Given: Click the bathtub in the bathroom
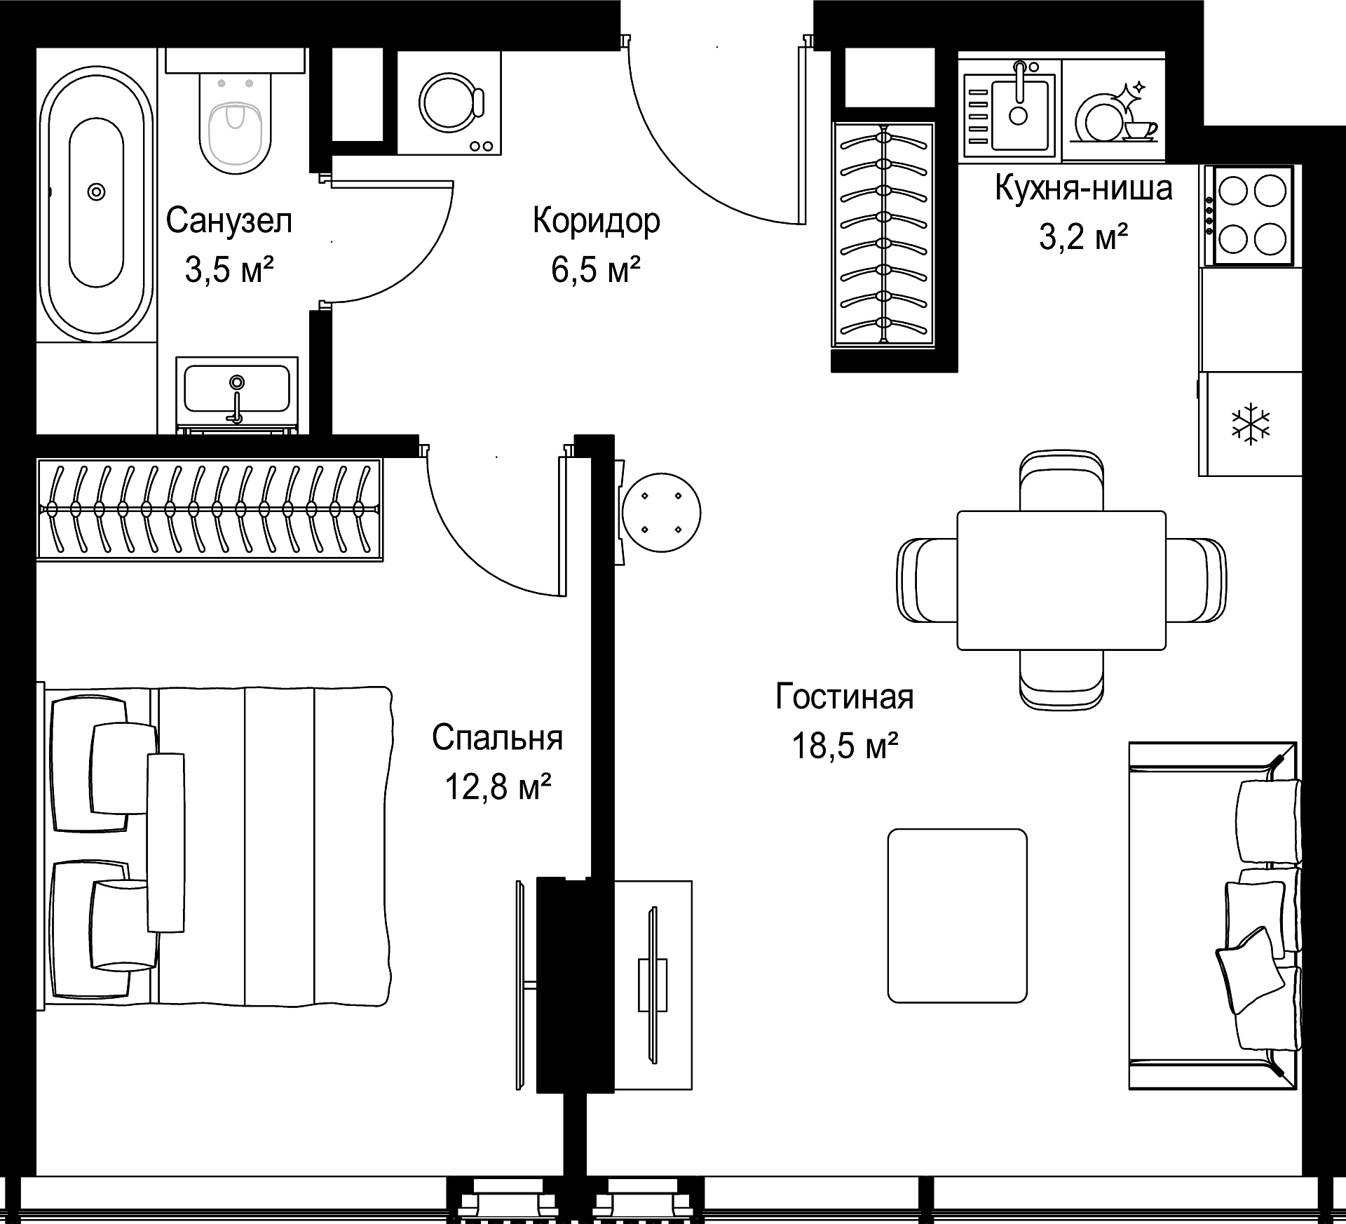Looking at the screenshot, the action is coord(97,203).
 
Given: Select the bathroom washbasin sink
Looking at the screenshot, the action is coord(237,389).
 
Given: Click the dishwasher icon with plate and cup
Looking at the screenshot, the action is coord(1114,112).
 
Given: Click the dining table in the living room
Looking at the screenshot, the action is coord(1061,580).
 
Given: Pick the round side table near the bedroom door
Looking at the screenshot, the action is coord(661,512).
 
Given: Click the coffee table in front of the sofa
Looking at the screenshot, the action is coord(958,915).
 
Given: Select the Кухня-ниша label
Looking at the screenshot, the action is coord(1083,189).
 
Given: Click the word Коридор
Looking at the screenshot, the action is coord(596,222).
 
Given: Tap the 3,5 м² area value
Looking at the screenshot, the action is coord(229,269).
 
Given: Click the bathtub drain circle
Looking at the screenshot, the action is coord(96,191).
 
